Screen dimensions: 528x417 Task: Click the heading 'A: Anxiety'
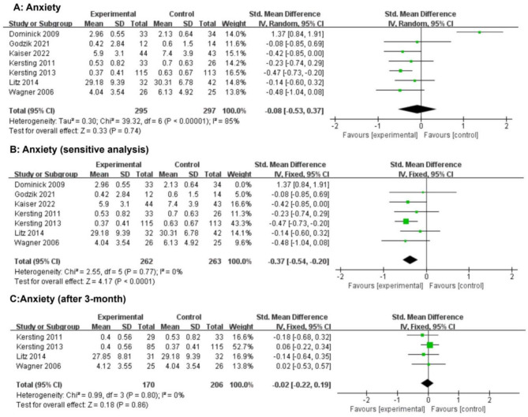pyautogui.click(x=37, y=7)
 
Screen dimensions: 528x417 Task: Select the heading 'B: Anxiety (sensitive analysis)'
pyautogui.click(x=79, y=149)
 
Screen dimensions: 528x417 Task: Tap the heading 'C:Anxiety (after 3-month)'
pyautogui.click(x=68, y=299)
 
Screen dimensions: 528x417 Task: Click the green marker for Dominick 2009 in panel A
pyautogui.click(x=479, y=32)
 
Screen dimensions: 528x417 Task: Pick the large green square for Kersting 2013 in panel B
pyautogui.click(x=406, y=222)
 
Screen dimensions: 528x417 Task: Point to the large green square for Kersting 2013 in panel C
pyautogui.click(x=429, y=345)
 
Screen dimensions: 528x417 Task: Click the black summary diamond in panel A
pyautogui.click(x=418, y=110)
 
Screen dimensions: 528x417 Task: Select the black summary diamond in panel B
pyautogui.click(x=410, y=259)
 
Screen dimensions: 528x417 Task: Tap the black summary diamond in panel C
pyautogui.click(x=427, y=383)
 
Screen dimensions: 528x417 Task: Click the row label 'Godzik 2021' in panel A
pyautogui.click(x=29, y=43)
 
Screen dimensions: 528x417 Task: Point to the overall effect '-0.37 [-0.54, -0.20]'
pyautogui.click(x=298, y=261)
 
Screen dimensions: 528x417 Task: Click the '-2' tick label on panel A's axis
pyautogui.click(x=335, y=126)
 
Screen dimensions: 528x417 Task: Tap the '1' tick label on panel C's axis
pyautogui.click(x=459, y=400)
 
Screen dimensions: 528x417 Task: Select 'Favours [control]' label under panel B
pyautogui.click(x=456, y=286)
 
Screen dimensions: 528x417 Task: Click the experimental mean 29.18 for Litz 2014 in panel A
pyautogui.click(x=94, y=83)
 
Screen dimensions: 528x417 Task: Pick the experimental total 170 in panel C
pyautogui.click(x=148, y=385)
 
